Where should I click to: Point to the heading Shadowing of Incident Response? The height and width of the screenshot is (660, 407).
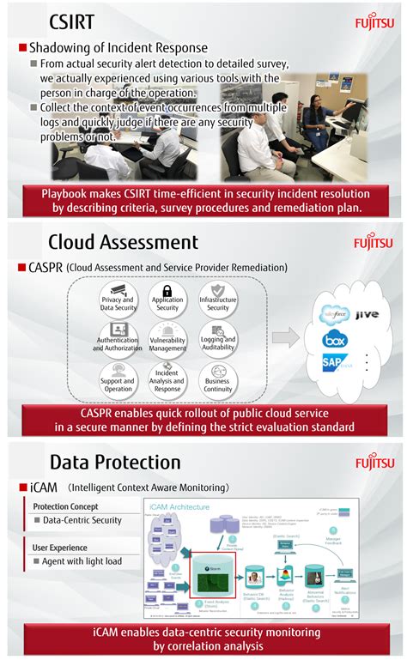pyautogui.click(x=118, y=48)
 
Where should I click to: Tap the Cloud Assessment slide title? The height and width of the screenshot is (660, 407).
pyautogui.click(x=123, y=241)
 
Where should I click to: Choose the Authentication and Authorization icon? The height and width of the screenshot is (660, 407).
pyautogui.click(x=116, y=329)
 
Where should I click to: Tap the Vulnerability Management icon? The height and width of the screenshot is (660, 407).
pyautogui.click(x=167, y=329)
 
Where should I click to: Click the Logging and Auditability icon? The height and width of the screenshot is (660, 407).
pyautogui.click(x=217, y=329)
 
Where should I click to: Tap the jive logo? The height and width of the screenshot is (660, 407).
pyautogui.click(x=366, y=315)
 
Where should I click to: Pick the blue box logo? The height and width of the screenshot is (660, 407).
pyautogui.click(x=333, y=338)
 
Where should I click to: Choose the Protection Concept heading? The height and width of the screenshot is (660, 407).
pyautogui.click(x=64, y=506)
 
